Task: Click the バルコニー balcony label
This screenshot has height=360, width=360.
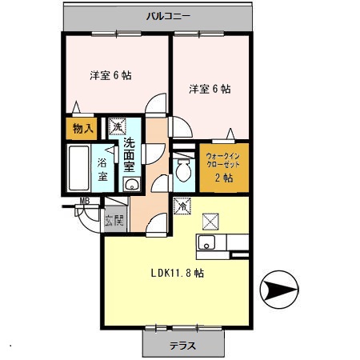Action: pos(168,17)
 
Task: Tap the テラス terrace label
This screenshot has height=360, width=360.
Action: pos(183,346)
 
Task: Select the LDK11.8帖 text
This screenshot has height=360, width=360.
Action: pos(178,273)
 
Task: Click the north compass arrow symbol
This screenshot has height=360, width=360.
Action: pos(279,290)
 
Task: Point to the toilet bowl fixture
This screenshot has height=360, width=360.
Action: pos(184,170)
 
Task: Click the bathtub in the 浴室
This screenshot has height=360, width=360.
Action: pos(78,168)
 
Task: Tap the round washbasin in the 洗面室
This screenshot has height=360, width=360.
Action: pos(131,184)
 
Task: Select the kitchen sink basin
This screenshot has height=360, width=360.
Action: pos(207,242)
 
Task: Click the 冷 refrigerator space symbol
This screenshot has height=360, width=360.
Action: pos(182,206)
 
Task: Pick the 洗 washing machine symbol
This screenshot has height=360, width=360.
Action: pos(117,126)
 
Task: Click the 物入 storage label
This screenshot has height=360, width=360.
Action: pos(83,129)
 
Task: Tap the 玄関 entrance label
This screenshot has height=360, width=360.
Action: pos(114,220)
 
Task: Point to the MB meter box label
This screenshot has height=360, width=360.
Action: pos(85,201)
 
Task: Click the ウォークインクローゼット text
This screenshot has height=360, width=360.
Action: pos(223,160)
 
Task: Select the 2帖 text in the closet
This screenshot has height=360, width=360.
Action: pos(224,178)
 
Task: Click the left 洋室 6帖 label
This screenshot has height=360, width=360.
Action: pos(110,75)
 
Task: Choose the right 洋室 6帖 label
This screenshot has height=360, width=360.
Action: pos(210,89)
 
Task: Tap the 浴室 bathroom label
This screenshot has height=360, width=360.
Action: pos(102,170)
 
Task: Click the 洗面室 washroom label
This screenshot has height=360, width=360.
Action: pos(129,155)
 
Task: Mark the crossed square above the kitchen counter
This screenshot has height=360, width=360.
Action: pos(210,222)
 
